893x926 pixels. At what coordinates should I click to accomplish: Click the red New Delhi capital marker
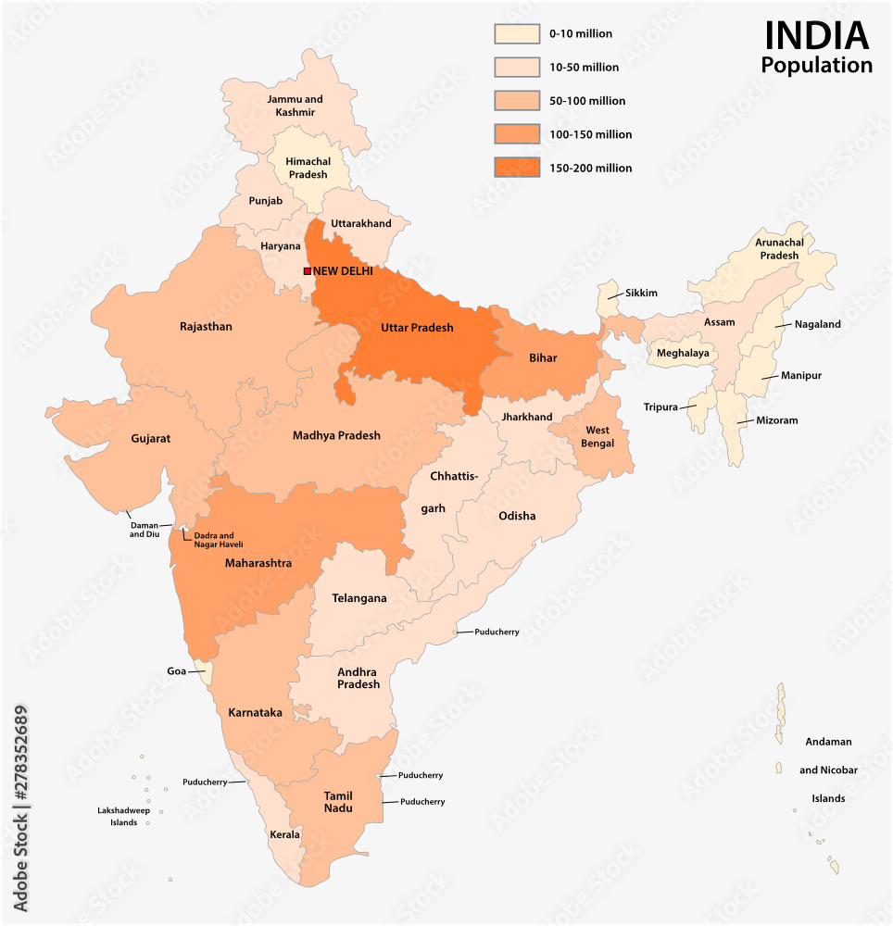[x=308, y=270]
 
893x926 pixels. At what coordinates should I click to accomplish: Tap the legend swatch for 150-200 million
[x=516, y=168]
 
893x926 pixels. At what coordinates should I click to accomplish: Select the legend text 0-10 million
[x=580, y=34]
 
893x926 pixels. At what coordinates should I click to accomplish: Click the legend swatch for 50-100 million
[x=516, y=101]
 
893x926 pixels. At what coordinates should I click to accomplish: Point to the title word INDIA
[x=816, y=36]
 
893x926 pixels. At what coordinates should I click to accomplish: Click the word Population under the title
[x=816, y=66]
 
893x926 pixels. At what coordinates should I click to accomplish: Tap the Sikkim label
[x=640, y=294]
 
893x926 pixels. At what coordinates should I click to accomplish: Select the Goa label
[x=176, y=670]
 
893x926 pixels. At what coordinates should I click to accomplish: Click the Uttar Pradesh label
[x=417, y=328]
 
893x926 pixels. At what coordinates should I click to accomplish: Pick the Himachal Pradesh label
[x=307, y=168]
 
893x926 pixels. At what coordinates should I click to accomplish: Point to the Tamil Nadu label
[x=338, y=802]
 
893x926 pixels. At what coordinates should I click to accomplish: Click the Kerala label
[x=284, y=834]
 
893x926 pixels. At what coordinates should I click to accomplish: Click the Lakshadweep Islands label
[x=118, y=816]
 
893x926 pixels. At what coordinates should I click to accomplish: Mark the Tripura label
[x=660, y=407]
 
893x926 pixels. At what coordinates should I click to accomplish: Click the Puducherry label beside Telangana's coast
[x=497, y=632]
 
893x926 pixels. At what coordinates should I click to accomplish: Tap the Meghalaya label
[x=683, y=353]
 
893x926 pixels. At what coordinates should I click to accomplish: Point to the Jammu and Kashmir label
[x=295, y=106]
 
